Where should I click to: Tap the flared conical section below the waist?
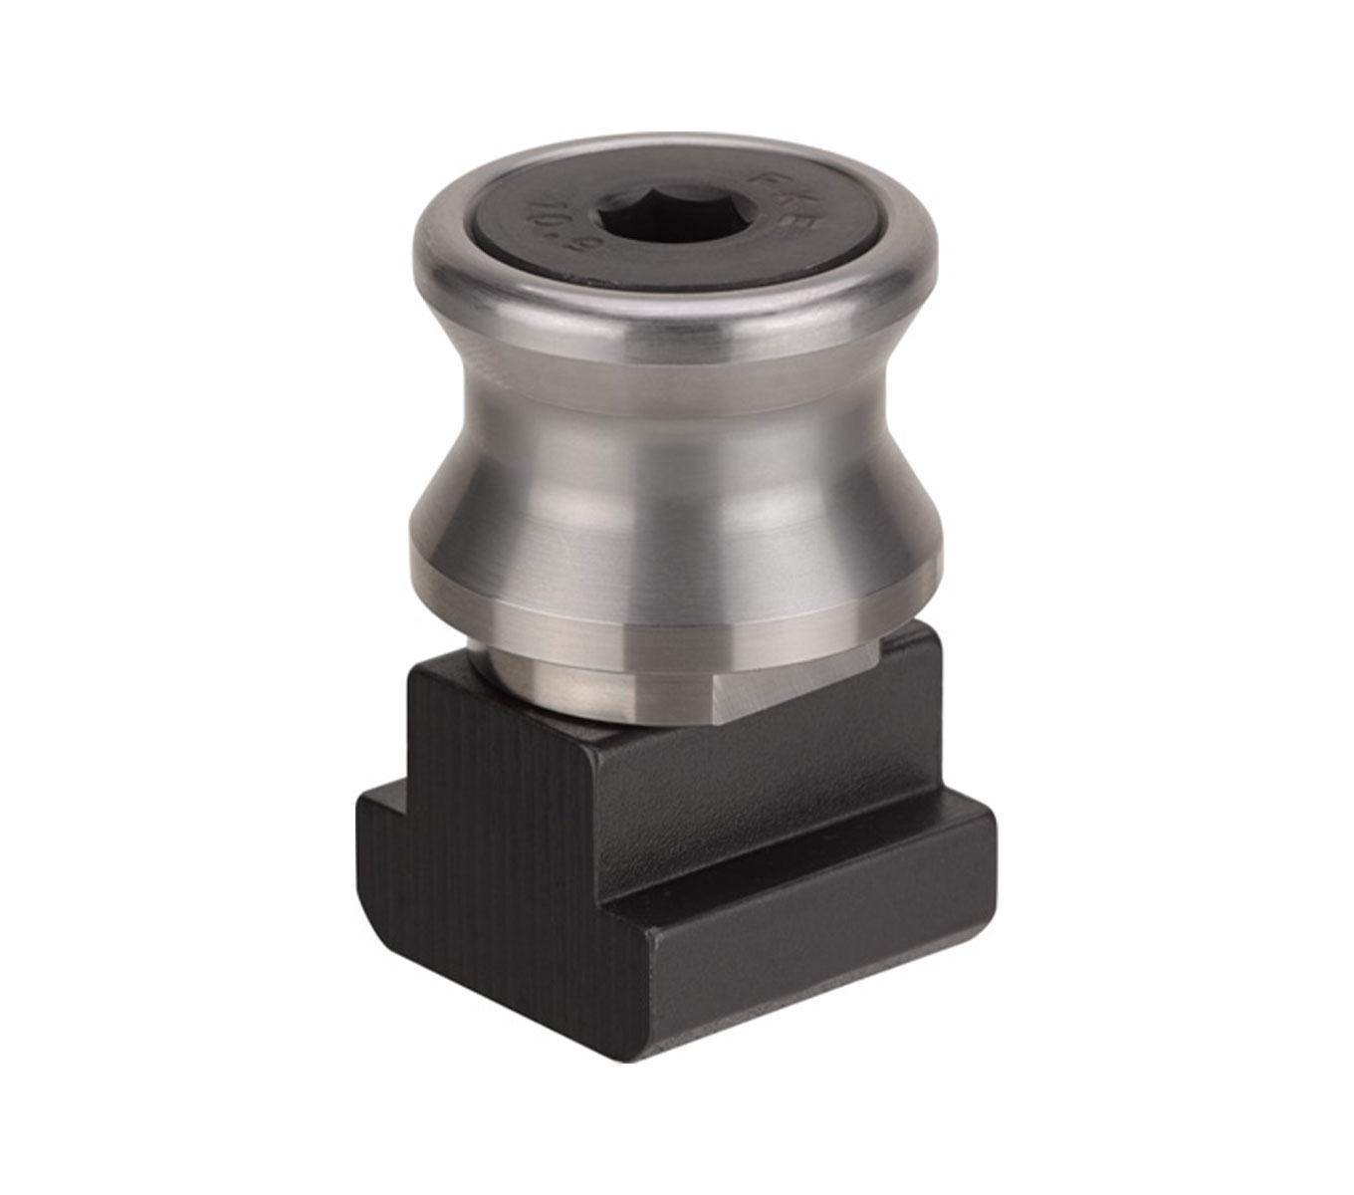[677, 498]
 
